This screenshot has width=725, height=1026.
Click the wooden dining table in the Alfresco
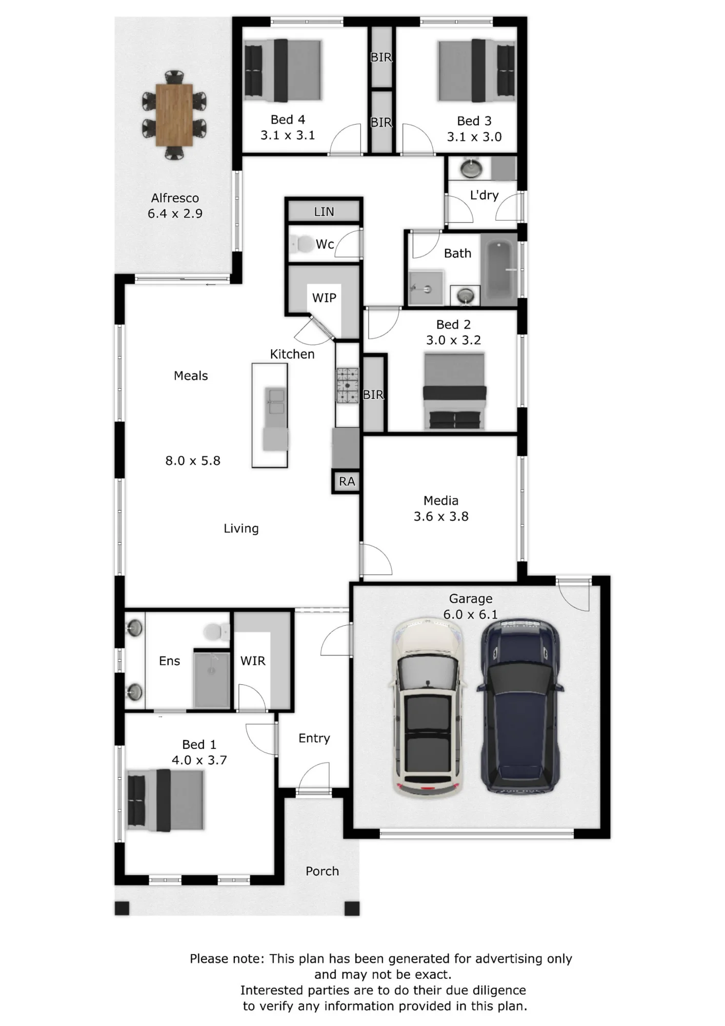click(x=174, y=115)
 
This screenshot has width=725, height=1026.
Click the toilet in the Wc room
click(x=301, y=244)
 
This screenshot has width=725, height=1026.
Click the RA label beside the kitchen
click(x=347, y=481)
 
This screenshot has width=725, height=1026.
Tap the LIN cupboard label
click(x=324, y=211)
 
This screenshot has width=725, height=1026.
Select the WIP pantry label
click(x=324, y=298)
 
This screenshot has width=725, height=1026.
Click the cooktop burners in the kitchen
click(x=348, y=385)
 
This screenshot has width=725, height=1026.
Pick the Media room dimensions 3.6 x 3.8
click(x=441, y=516)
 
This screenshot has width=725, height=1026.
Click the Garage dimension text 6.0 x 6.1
click(x=470, y=614)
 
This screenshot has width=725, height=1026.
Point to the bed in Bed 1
click(x=165, y=800)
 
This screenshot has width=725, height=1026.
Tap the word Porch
click(x=322, y=871)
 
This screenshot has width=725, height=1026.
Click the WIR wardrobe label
click(x=253, y=661)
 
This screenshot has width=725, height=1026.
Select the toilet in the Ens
click(x=216, y=632)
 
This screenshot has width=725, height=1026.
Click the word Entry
click(x=314, y=738)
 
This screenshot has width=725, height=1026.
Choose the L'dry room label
click(x=484, y=195)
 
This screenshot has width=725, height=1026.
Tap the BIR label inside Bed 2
click(x=373, y=394)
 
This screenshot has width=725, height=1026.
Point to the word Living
click(x=241, y=528)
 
